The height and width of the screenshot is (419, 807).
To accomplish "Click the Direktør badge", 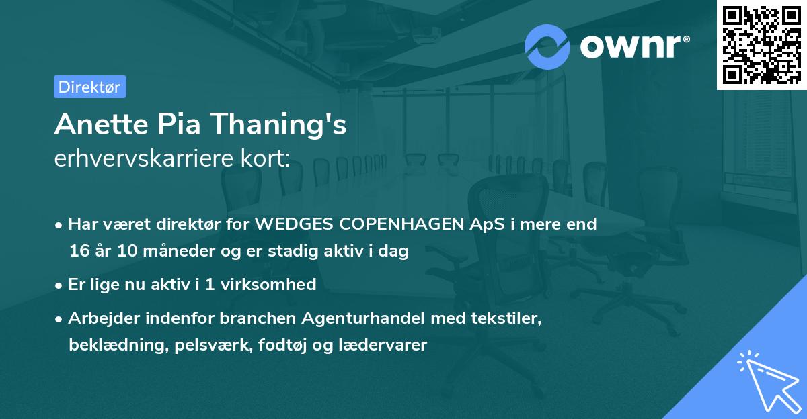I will tap(89, 87).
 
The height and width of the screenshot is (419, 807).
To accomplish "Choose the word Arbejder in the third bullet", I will tap(99, 318).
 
